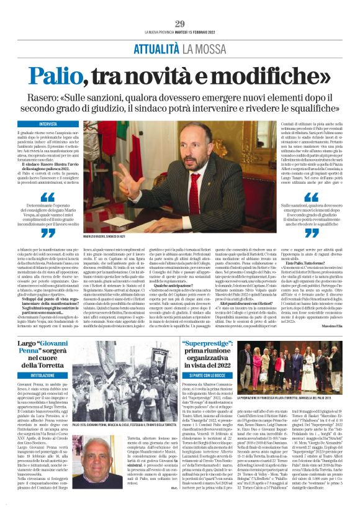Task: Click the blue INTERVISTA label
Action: [x=48, y=124]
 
